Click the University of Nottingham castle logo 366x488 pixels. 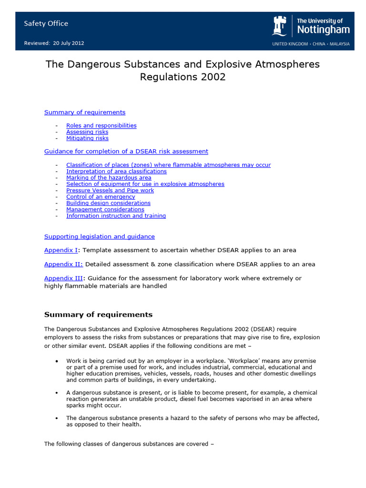pos(279,26)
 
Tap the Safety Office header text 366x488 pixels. pos(46,23)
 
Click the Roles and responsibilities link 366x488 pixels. pos(101,125)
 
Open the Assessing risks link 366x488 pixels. pos(87,132)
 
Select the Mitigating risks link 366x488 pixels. pos(87,138)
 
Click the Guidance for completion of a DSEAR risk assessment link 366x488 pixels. pos(126,151)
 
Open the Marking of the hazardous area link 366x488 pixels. pos(109,177)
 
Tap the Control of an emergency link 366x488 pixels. pos(101,196)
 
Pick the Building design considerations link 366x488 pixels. pos(108,203)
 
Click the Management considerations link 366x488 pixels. pos(105,209)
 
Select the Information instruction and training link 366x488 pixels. pos(116,215)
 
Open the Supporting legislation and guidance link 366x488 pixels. pos(99,236)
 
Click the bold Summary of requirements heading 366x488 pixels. pos(98,315)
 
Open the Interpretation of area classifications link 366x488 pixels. pos(116,171)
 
